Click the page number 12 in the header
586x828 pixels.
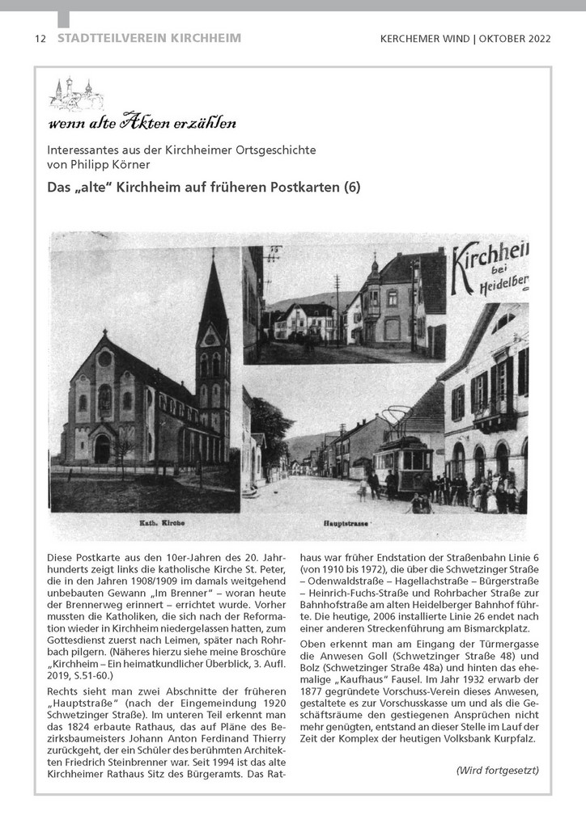[x=40, y=39]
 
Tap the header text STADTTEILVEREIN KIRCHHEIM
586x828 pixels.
[x=149, y=38]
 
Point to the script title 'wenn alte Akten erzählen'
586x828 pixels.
[x=142, y=124]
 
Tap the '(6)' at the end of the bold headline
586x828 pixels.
[x=351, y=188]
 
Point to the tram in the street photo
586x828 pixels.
[x=402, y=463]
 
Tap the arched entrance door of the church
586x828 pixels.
[x=102, y=449]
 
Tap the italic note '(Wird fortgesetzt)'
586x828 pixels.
[x=497, y=770]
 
